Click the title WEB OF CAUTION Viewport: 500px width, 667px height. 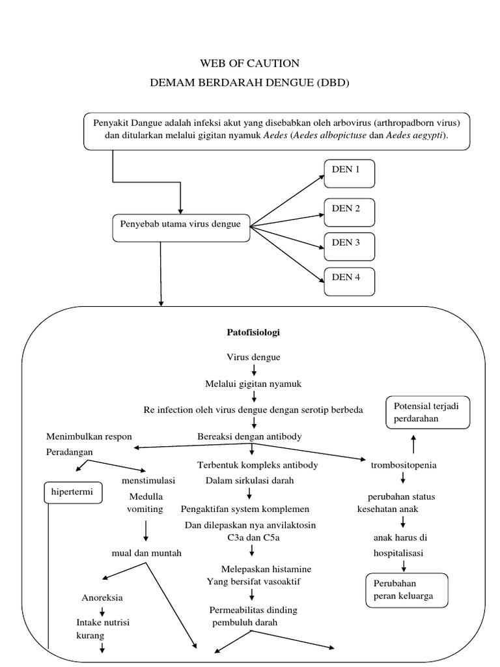tap(250, 63)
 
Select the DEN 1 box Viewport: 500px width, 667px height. tap(350, 173)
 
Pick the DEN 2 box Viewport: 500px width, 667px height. tap(350, 212)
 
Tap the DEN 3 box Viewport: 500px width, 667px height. tap(350, 246)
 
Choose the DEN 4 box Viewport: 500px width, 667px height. tap(350, 281)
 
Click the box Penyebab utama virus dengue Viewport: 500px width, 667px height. tap(181, 226)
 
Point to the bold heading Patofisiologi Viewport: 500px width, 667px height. tap(253, 332)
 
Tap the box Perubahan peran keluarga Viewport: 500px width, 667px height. tap(407, 589)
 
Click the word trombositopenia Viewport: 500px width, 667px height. tap(403, 465)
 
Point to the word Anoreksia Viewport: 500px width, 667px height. tap(102, 597)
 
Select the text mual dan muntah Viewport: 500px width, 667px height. tap(146, 553)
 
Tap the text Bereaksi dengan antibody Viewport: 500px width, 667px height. tap(249, 436)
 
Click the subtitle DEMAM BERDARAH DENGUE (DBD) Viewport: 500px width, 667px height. tap(250, 83)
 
